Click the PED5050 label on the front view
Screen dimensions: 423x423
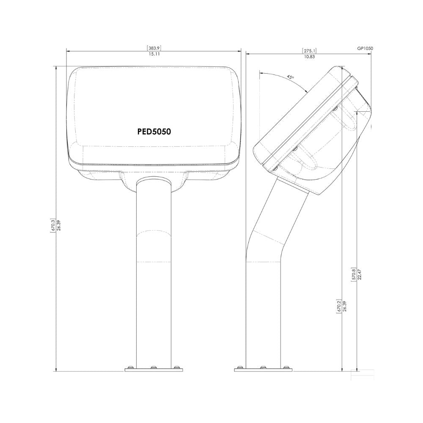(154, 132)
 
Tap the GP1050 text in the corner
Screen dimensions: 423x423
(365, 49)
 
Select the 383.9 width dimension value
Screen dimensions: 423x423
(154, 48)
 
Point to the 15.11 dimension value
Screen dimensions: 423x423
(154, 54)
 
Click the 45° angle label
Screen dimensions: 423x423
(290, 77)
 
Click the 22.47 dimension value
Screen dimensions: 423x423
(359, 275)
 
